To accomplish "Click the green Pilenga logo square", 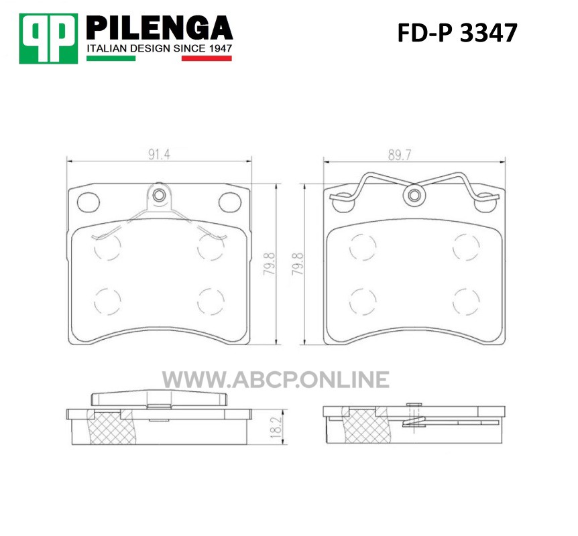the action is [48, 39].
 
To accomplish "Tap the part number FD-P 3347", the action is [457, 33].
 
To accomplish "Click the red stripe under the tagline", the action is [207, 58].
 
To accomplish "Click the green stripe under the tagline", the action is [111, 58].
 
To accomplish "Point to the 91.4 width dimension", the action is [159, 155].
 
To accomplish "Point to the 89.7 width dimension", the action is [399, 155].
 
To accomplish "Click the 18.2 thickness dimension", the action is [276, 427].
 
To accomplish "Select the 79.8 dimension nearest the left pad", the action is [270, 263].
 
